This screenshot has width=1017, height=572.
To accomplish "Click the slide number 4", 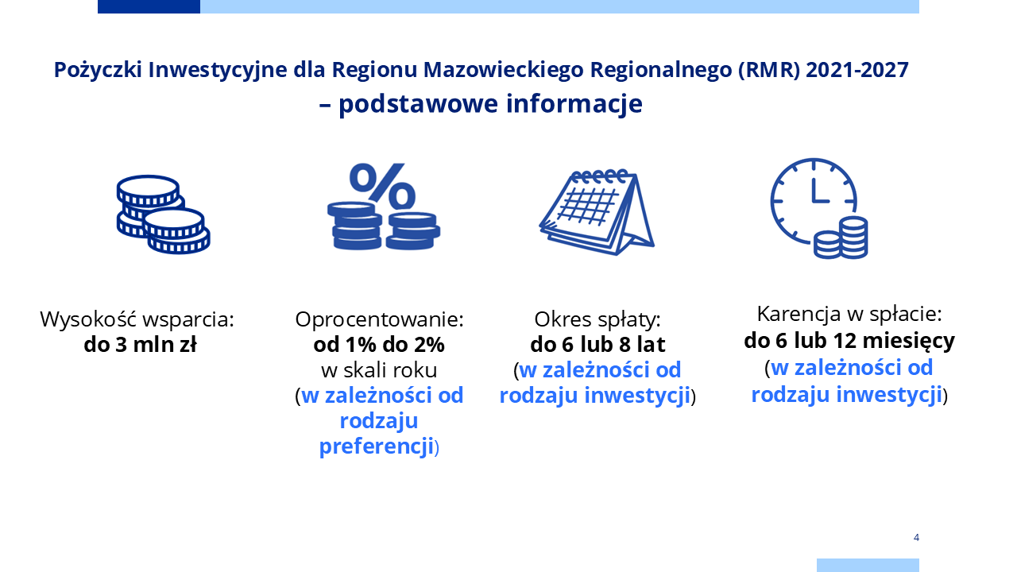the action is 916,538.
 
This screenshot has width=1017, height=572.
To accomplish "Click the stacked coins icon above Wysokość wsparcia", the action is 164,214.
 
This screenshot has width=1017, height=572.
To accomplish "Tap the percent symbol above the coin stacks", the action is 382,186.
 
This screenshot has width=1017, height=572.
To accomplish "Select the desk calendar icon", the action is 597,212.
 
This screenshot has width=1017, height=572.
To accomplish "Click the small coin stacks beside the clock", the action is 841,238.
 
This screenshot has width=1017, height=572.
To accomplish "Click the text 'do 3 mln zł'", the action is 141,345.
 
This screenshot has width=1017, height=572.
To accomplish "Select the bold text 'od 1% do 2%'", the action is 379,345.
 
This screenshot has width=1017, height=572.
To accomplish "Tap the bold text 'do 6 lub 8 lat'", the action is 597,345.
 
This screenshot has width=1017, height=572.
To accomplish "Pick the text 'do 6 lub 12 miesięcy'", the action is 849,342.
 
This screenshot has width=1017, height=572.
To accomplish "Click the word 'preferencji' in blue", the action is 377,446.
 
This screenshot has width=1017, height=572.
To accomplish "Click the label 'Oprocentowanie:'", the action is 380,319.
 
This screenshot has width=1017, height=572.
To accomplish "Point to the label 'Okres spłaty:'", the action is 597,319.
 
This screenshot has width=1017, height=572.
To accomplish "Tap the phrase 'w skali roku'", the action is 379,370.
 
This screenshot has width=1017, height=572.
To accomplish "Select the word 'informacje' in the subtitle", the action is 574,104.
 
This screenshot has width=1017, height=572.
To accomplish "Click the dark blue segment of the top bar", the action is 149,7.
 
